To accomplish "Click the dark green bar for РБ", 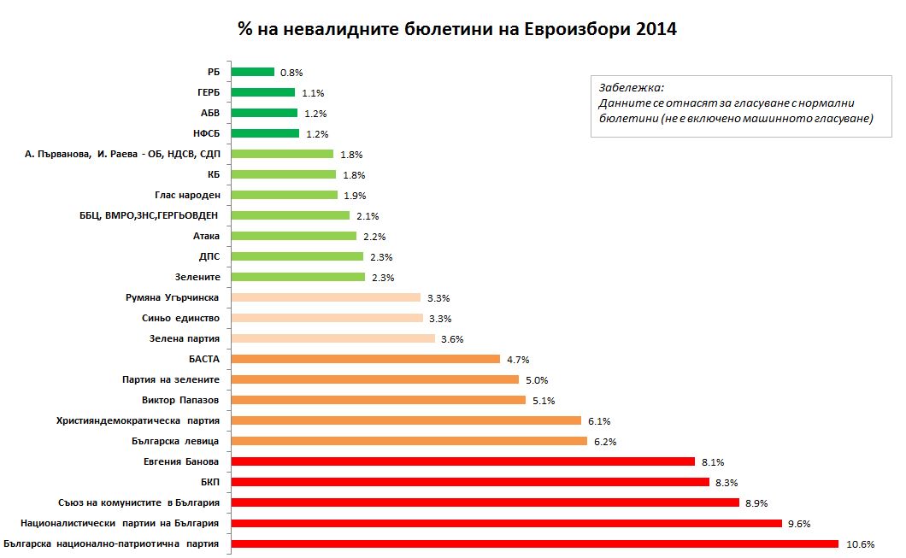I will tap(252, 72).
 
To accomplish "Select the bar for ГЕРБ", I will tap(262, 92).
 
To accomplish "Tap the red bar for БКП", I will tap(470, 482).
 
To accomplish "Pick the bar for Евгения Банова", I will tap(462, 461).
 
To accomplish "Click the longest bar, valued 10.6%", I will tap(534, 543).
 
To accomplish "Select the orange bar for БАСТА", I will tap(365, 359).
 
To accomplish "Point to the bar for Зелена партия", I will tap(332, 338).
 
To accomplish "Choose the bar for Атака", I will tap(293, 236).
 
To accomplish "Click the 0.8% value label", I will tap(291, 73).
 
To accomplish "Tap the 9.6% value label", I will tap(799, 524).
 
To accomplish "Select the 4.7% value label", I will tap(517, 360).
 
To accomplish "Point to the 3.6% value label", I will tap(452, 339).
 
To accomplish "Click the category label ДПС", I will tap(209, 256).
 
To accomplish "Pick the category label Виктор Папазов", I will tap(180, 400).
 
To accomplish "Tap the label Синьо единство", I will tap(180, 318).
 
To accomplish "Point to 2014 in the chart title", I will tap(656, 29).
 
